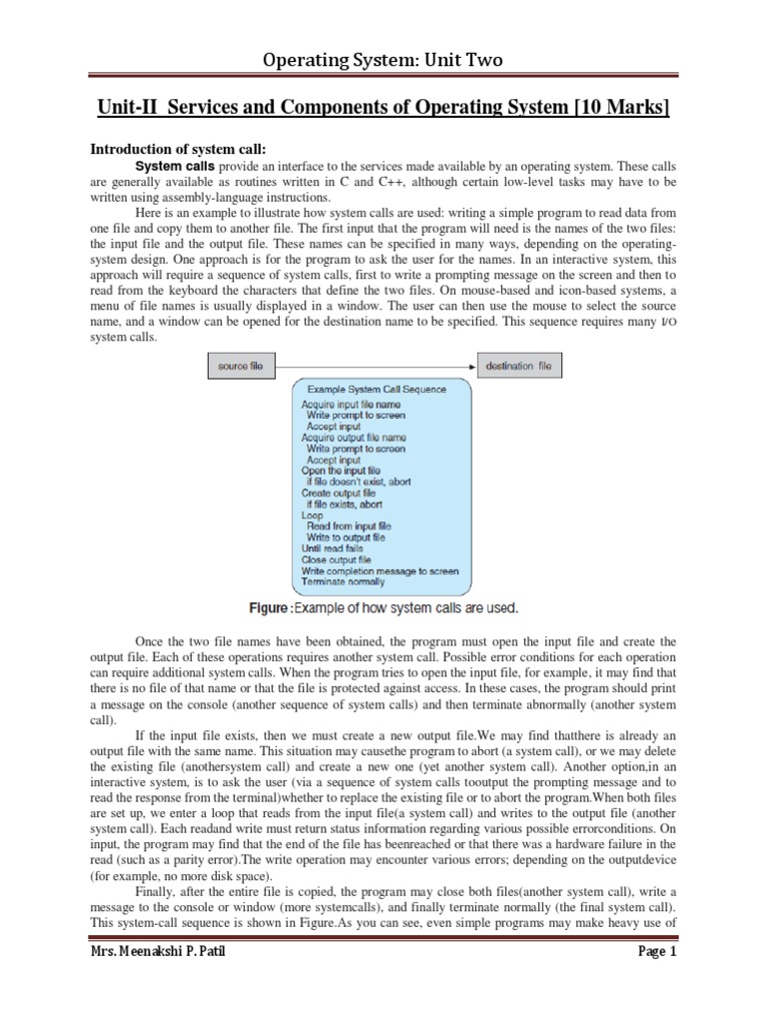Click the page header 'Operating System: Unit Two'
383,61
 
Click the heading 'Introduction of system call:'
176,148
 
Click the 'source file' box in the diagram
241,367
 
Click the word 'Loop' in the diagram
312,515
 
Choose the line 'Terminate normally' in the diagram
343,581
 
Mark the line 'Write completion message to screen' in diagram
380,570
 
